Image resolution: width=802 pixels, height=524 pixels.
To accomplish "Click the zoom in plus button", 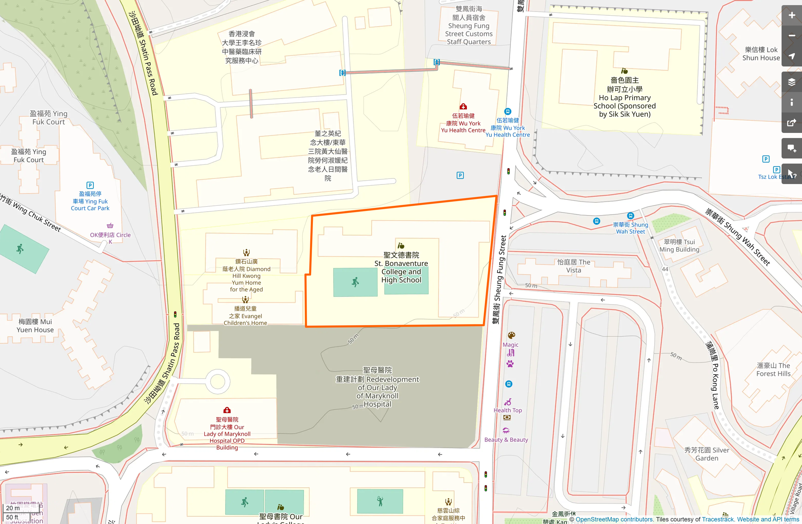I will pos(791,15).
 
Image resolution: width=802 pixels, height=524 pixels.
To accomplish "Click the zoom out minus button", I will pos(791,36).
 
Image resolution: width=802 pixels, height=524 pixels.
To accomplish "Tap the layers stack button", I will pos(791,82).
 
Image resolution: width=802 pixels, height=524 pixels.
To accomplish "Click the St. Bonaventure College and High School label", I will pos(401,268).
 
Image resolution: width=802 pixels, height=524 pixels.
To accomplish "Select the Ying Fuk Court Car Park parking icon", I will pos(90,185).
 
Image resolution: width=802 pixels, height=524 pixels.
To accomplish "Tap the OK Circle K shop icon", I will pos(110,225).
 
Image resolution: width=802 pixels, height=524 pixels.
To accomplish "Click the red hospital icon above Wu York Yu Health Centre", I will pos(463,107).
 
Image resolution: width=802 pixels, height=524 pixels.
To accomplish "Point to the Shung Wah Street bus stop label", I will pos(630,228).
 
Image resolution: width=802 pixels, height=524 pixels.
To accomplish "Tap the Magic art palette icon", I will pos(511,335).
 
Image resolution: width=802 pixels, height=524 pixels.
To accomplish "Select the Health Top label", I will pos(507,410).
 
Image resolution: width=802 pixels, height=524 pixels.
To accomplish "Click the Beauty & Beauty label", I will pos(506,440).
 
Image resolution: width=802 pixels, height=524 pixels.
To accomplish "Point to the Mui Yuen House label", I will pos(35,325).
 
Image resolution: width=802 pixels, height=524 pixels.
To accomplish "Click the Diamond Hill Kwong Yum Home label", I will pos(246,275).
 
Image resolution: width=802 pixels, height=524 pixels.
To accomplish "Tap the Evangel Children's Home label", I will pos(246,316).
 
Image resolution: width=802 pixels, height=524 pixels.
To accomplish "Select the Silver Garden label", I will pos(707,454).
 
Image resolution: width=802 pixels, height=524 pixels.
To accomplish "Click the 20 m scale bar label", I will pos(13,508).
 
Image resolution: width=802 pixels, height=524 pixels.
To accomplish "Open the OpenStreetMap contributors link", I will pos(614,519).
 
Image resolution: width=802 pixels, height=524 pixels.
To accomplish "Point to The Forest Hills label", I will pos(773,369).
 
